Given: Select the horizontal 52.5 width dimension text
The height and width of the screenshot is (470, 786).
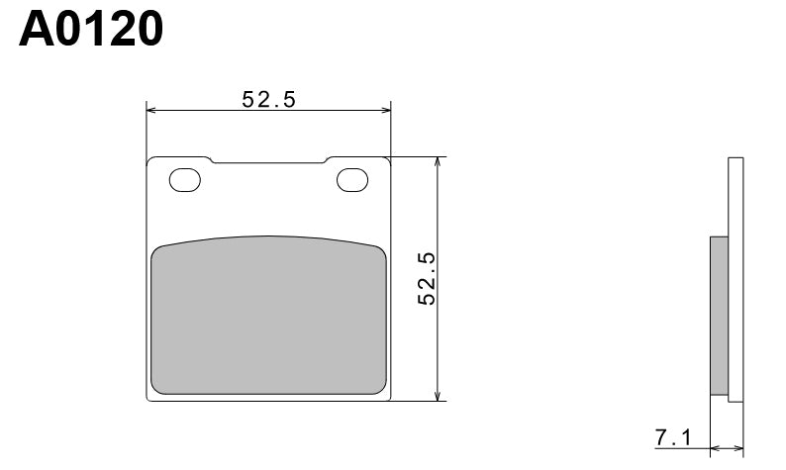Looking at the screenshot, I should [x=269, y=99].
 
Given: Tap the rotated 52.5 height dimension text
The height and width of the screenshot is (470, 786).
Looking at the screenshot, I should [x=427, y=278].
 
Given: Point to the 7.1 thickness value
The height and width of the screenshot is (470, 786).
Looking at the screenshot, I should [x=672, y=436].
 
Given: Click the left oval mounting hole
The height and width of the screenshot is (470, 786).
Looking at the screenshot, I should [x=185, y=180].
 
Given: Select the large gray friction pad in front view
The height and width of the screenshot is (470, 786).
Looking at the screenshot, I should [x=268, y=315].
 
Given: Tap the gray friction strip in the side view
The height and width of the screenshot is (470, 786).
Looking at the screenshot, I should [x=720, y=315].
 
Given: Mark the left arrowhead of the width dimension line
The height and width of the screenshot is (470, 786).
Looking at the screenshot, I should [x=149, y=110].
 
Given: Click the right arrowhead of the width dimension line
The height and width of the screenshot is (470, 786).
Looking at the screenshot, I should [x=389, y=110].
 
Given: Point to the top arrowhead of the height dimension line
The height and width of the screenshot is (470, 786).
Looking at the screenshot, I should [x=438, y=160].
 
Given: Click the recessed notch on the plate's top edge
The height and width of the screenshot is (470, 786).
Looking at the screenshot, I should [x=268, y=161].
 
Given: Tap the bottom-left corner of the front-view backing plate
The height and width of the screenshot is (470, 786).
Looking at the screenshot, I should [x=148, y=400].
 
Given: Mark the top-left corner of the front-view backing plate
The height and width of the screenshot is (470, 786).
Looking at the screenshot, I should [x=148, y=158].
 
